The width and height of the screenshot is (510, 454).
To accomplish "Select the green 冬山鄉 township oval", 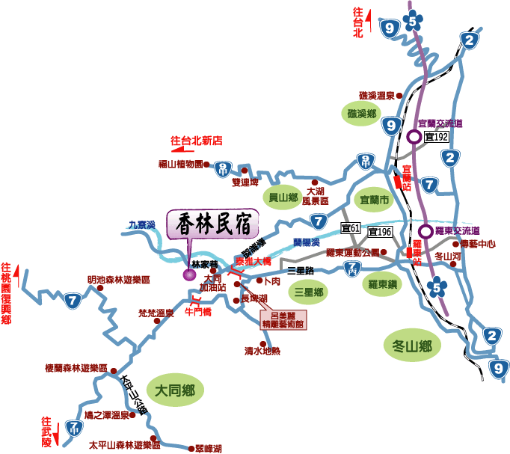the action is point(411,346).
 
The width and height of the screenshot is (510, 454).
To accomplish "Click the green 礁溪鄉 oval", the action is point(361,114).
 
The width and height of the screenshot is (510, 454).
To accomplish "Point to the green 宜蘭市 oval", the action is point(374,200).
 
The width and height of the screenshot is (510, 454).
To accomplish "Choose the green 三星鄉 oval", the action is point(308,292).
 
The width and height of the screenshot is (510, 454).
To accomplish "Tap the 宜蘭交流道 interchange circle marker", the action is point(414,136).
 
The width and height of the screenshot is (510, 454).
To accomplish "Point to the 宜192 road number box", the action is point(436,137).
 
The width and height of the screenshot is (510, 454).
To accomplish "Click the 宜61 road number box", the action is point(351,227).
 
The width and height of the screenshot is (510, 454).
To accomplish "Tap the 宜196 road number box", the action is point(380,232).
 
